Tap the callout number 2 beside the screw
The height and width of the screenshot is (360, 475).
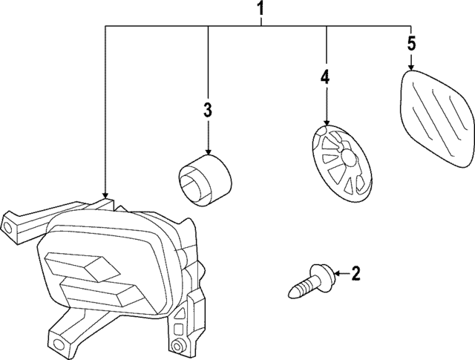point(356,275)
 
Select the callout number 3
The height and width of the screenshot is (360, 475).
point(208,111)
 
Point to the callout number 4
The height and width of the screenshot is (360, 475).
point(325,76)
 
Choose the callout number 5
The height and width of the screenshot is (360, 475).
point(412,42)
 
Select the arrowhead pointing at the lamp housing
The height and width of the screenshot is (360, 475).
point(106,195)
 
